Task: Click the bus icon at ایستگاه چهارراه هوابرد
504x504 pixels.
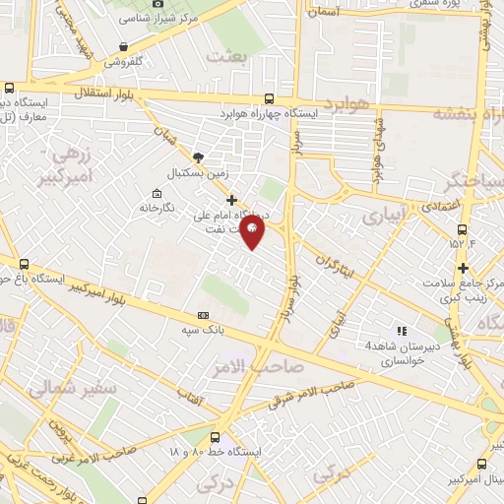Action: click(270, 98)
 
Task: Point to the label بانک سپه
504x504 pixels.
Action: click(200, 331)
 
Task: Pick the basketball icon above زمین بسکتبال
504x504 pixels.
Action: click(200, 157)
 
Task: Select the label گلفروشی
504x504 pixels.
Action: click(123, 61)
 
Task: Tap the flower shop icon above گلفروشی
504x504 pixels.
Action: click(123, 46)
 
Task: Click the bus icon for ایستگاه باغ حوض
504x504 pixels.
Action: click(26, 263)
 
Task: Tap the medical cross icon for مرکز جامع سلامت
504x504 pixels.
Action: click(463, 268)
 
